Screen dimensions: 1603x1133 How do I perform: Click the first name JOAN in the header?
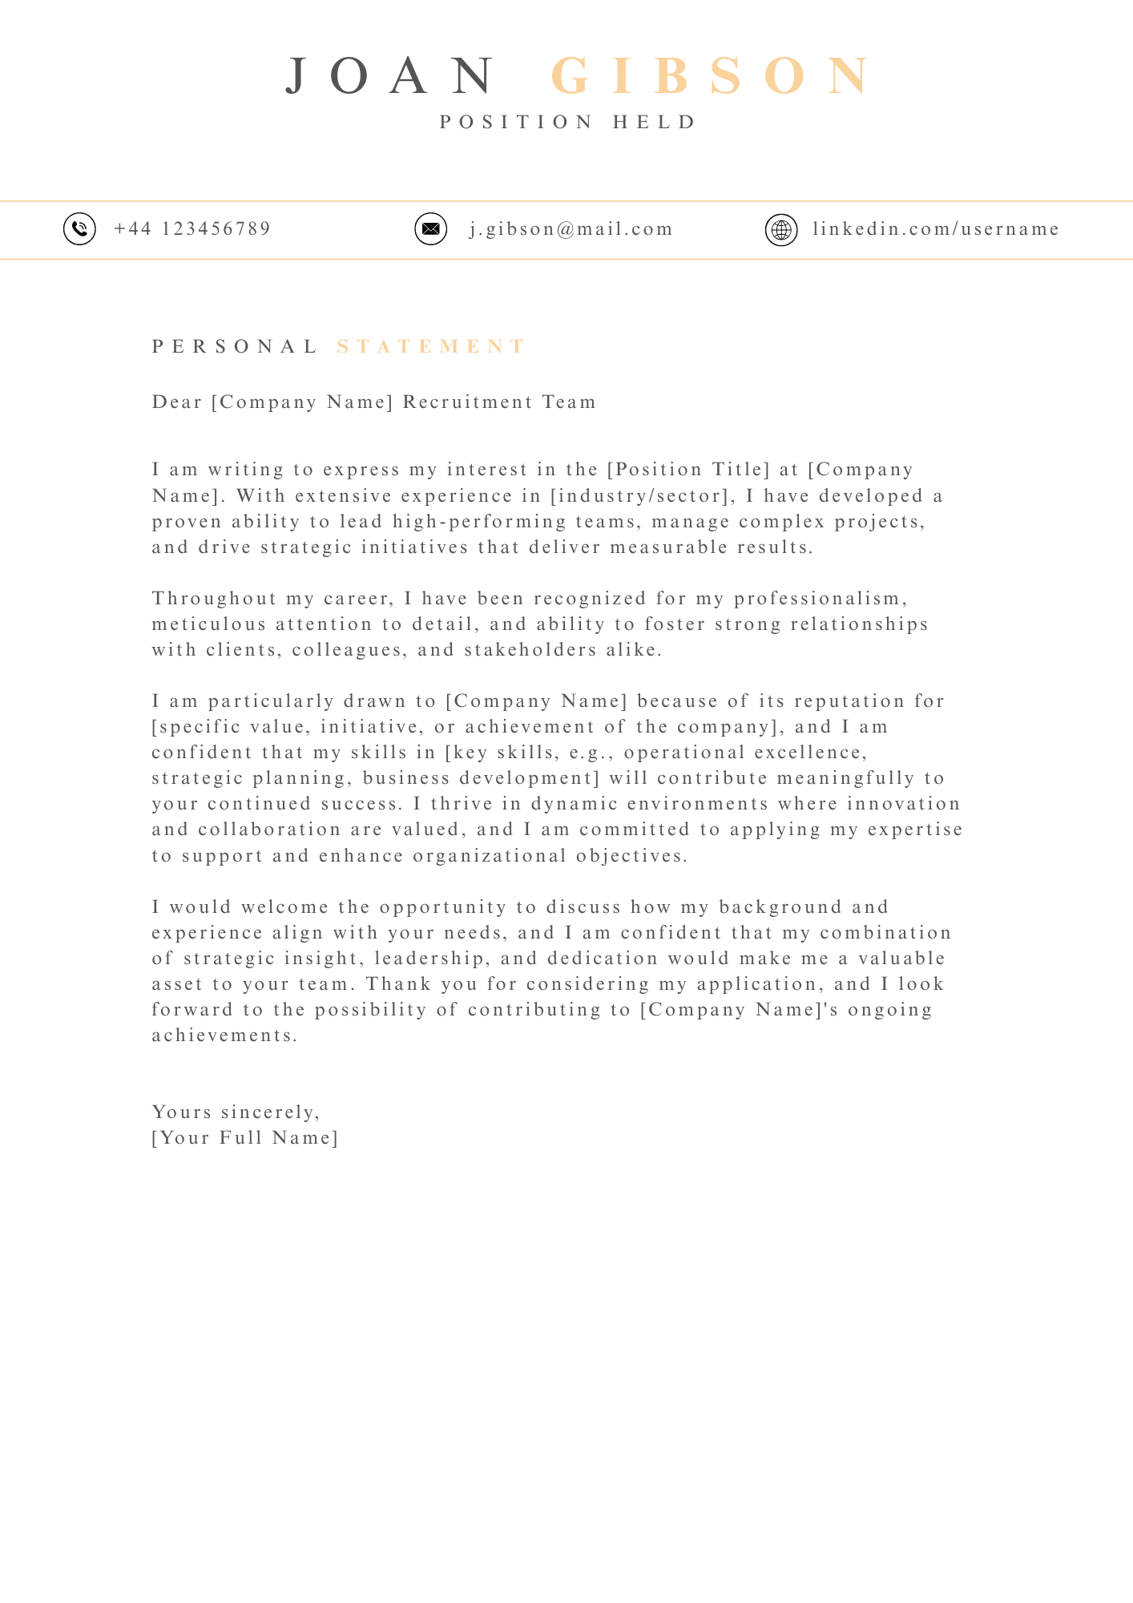392,76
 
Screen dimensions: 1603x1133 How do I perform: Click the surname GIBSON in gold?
711,76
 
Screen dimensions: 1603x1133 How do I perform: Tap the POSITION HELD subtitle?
568,122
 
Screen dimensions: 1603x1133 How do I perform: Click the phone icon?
79,229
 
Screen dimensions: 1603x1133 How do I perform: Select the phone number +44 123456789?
192,229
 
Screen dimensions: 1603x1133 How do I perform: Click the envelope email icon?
430,229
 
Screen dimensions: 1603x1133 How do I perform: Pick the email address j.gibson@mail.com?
571,229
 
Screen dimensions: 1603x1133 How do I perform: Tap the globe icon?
781,230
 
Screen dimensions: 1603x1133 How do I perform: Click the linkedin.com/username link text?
936,229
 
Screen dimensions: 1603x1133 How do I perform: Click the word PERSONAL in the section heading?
236,346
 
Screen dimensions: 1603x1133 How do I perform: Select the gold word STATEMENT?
431,346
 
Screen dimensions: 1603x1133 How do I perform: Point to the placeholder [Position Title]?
689,470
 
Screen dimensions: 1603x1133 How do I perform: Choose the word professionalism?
821,599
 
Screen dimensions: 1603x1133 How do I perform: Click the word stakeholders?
530,650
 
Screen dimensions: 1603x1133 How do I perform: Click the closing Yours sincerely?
236,1112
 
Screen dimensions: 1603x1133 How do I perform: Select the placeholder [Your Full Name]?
245,1138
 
